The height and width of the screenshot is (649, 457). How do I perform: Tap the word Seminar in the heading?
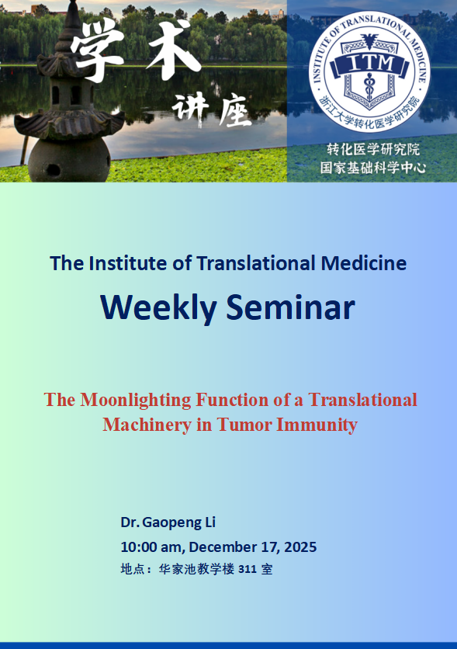point(291,307)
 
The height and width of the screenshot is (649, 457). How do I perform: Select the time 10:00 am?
point(152,547)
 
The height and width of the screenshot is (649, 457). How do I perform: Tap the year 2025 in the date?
point(300,547)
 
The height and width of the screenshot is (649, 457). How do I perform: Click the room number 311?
point(248,570)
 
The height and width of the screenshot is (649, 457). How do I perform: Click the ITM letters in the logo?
point(369,64)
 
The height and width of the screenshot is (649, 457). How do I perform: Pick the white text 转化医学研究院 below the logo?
point(373,149)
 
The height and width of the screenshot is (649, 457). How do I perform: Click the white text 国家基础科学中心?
point(373,168)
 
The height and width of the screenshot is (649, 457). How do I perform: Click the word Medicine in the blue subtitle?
point(364,263)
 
